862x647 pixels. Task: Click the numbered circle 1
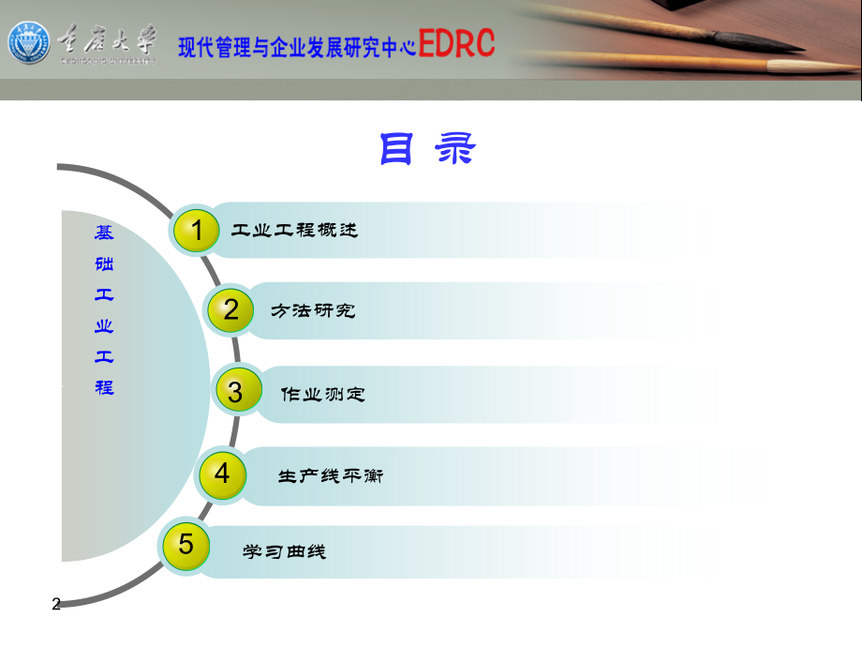coord(195,230)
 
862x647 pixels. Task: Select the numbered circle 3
coord(235,392)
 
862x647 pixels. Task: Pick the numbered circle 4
coord(221,474)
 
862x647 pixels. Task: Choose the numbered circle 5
coord(186,545)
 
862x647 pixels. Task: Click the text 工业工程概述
coord(294,230)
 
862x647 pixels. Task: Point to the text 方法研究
coord(313,310)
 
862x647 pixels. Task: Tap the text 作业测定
coord(323,395)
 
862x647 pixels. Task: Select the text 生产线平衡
coord(331,476)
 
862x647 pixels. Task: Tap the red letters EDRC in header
coord(456,43)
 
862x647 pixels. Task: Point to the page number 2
coord(56,605)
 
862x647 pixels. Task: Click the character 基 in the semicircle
coord(104,233)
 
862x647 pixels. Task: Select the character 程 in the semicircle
coord(104,386)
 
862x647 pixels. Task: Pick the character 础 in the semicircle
coord(104,264)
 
